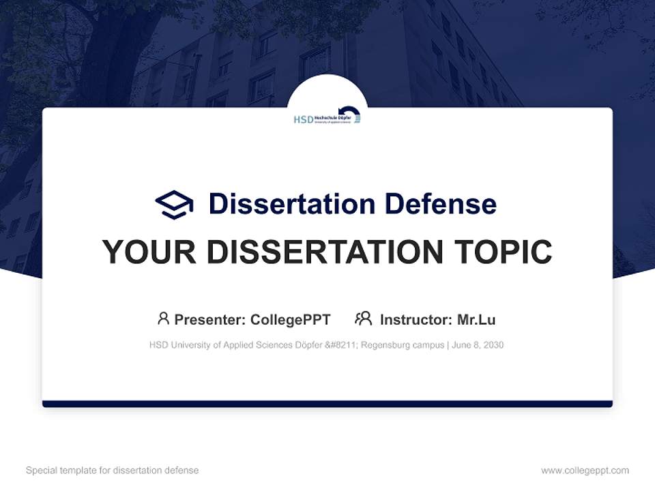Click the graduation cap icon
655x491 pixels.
tap(174, 205)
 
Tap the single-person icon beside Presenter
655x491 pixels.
tap(163, 318)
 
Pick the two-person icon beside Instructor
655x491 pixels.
tap(363, 318)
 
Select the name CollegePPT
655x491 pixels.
tap(290, 319)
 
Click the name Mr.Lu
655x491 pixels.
tap(476, 319)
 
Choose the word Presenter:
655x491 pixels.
tap(210, 319)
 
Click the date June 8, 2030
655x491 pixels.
tap(478, 345)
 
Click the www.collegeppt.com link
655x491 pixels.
tap(585, 471)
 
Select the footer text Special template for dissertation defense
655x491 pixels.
tap(112, 471)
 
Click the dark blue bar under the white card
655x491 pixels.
tap(327, 404)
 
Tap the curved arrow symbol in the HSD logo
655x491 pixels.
tap(351, 115)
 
